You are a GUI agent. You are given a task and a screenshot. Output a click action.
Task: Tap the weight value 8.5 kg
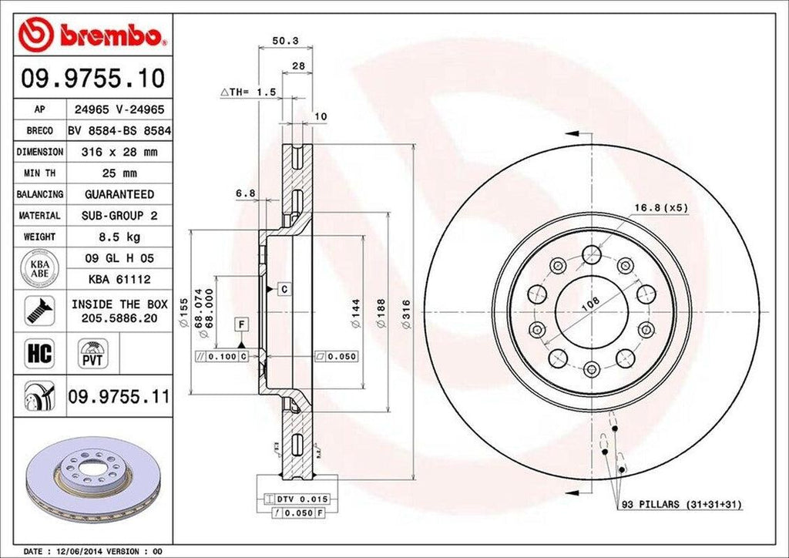[119, 237]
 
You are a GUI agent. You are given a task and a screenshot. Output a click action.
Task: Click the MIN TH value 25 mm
[119, 173]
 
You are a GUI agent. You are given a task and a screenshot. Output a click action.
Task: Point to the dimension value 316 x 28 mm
[119, 153]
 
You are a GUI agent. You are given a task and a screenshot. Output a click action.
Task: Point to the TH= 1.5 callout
[248, 92]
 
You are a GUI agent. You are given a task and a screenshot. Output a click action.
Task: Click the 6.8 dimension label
[245, 193]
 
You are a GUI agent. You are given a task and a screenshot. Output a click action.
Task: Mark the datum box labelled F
[241, 323]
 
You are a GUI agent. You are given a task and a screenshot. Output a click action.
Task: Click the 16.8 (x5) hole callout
[660, 207]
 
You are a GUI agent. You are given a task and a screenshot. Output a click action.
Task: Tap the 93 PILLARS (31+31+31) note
[681, 504]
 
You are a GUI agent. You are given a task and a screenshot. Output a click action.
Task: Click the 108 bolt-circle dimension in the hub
[590, 304]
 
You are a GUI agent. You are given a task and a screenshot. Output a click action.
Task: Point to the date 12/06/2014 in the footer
[80, 552]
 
